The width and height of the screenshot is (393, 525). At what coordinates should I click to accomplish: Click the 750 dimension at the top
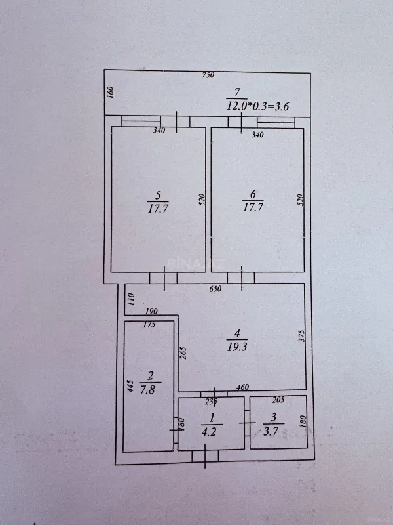click(208, 75)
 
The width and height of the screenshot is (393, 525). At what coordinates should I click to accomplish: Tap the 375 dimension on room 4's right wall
click(301, 335)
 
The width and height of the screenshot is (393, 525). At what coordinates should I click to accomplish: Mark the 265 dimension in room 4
click(184, 354)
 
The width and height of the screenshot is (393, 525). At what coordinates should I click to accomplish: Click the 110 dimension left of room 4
click(130, 300)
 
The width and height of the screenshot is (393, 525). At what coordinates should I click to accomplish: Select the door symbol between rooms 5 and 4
click(163, 278)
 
